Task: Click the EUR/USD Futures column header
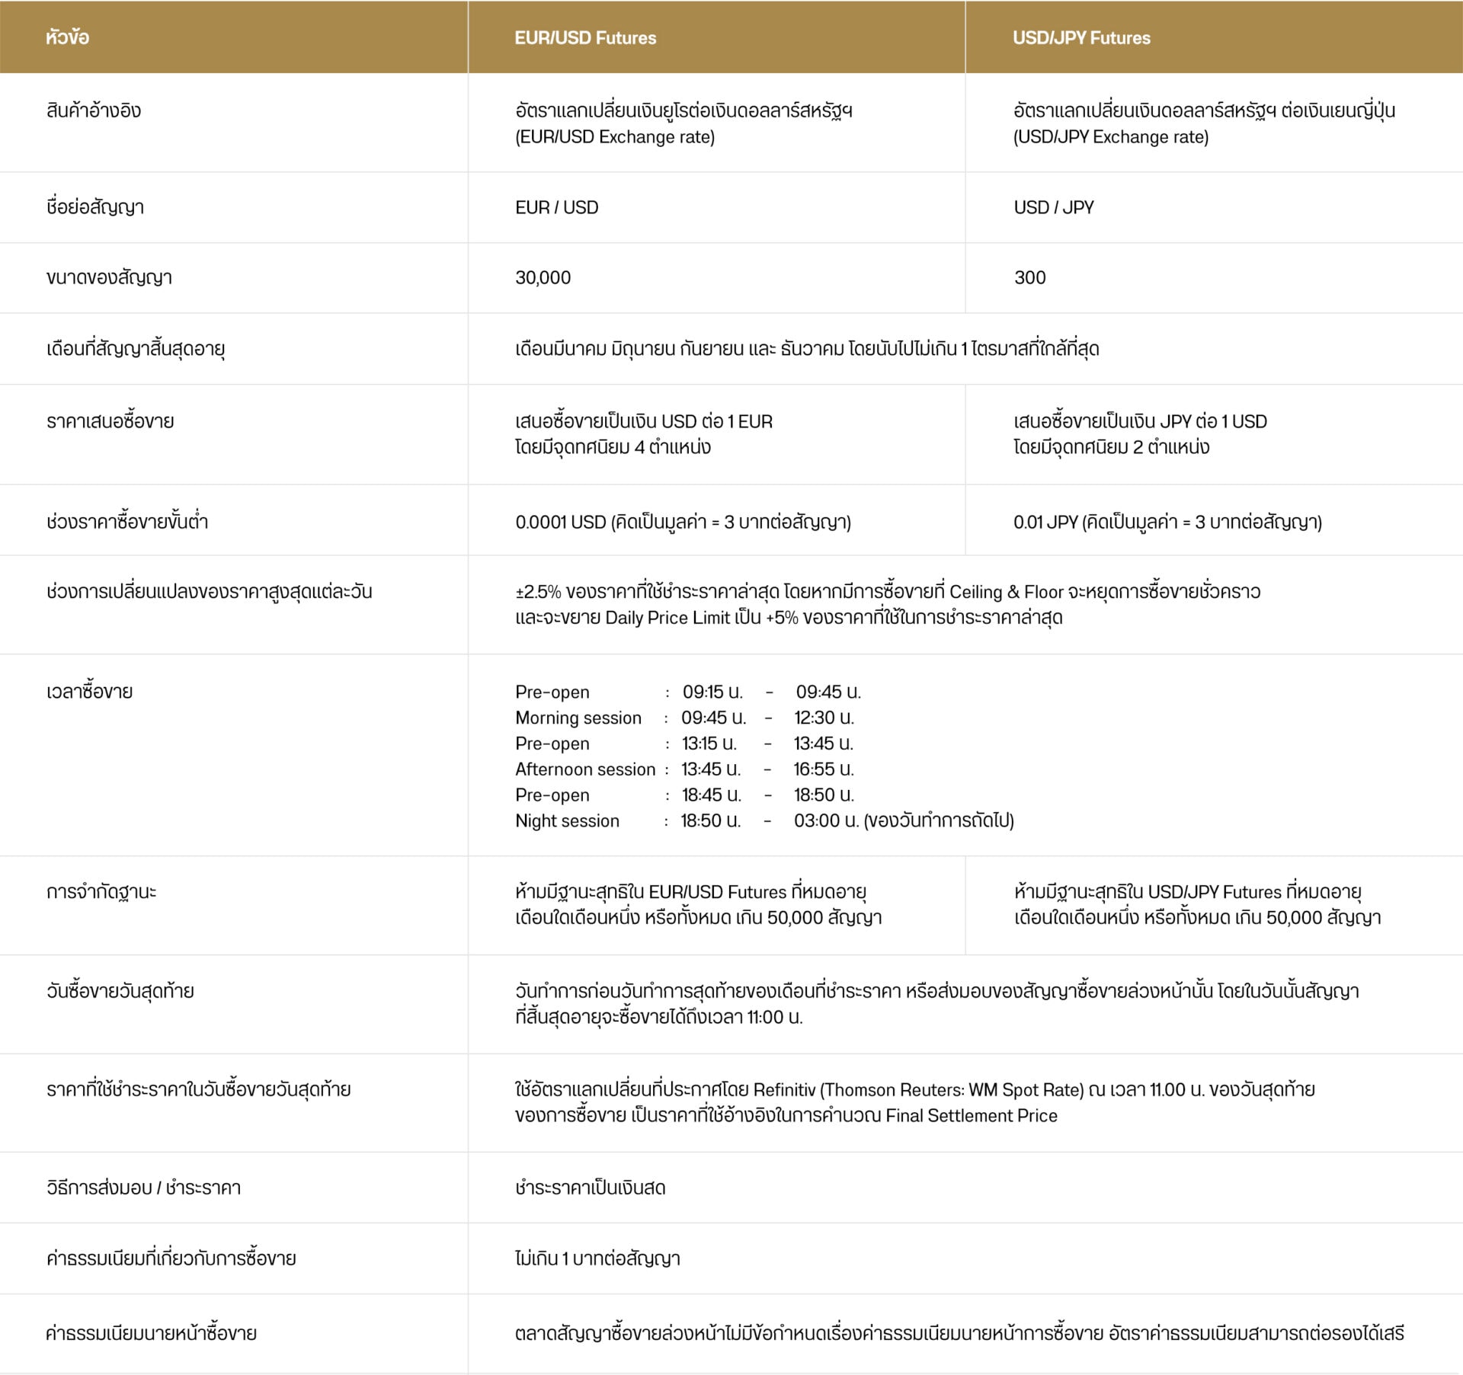pos(585,38)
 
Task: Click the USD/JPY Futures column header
pos(1081,38)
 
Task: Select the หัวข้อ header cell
pos(67,38)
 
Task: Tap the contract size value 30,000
pos(543,278)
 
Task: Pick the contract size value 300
pos(1029,278)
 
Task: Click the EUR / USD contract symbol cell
pos(556,208)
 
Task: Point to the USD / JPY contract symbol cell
pos(1053,208)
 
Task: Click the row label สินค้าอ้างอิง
pos(94,111)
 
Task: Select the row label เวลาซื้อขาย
pos(89,692)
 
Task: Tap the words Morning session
pos(578,718)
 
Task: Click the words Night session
pos(567,821)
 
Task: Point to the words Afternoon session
pos(584,769)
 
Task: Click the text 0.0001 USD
pos(560,523)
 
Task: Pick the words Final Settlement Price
pos(971,1116)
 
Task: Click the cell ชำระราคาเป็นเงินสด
pos(590,1188)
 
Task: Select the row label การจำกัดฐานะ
pos(101,892)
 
